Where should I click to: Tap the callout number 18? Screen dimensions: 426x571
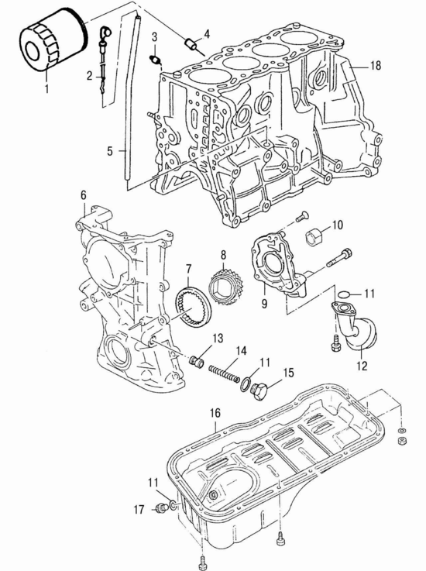pyautogui.click(x=376, y=66)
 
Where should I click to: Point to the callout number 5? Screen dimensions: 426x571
pyautogui.click(x=110, y=151)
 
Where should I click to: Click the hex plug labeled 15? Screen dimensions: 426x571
pyautogui.click(x=260, y=390)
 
